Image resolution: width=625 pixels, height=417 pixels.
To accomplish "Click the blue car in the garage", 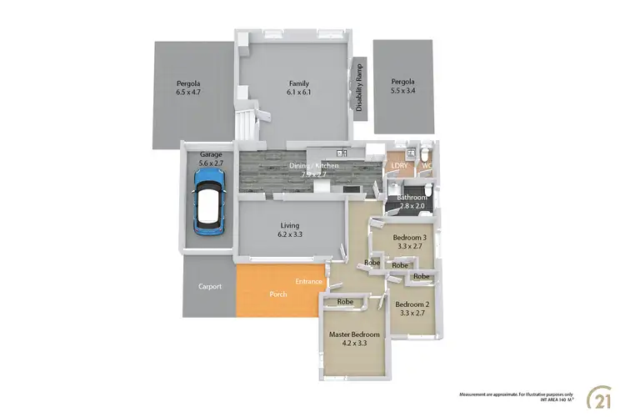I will pyautogui.click(x=207, y=203).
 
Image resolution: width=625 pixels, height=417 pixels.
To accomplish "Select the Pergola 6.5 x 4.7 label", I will pyautogui.click(x=189, y=88).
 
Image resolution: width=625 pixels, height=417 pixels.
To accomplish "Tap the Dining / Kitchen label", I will pyautogui.click(x=313, y=171).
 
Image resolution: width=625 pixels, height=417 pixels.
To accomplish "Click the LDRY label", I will pyautogui.click(x=398, y=165).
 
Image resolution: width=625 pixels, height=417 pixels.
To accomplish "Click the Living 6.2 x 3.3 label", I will pyautogui.click(x=289, y=230).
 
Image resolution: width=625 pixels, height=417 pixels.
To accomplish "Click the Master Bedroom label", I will pyautogui.click(x=354, y=338).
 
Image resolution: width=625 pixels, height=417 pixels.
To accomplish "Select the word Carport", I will pyautogui.click(x=210, y=287).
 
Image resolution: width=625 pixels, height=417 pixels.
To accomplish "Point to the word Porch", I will pyautogui.click(x=278, y=294).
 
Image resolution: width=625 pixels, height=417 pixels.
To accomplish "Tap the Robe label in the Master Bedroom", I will pyautogui.click(x=347, y=301).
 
